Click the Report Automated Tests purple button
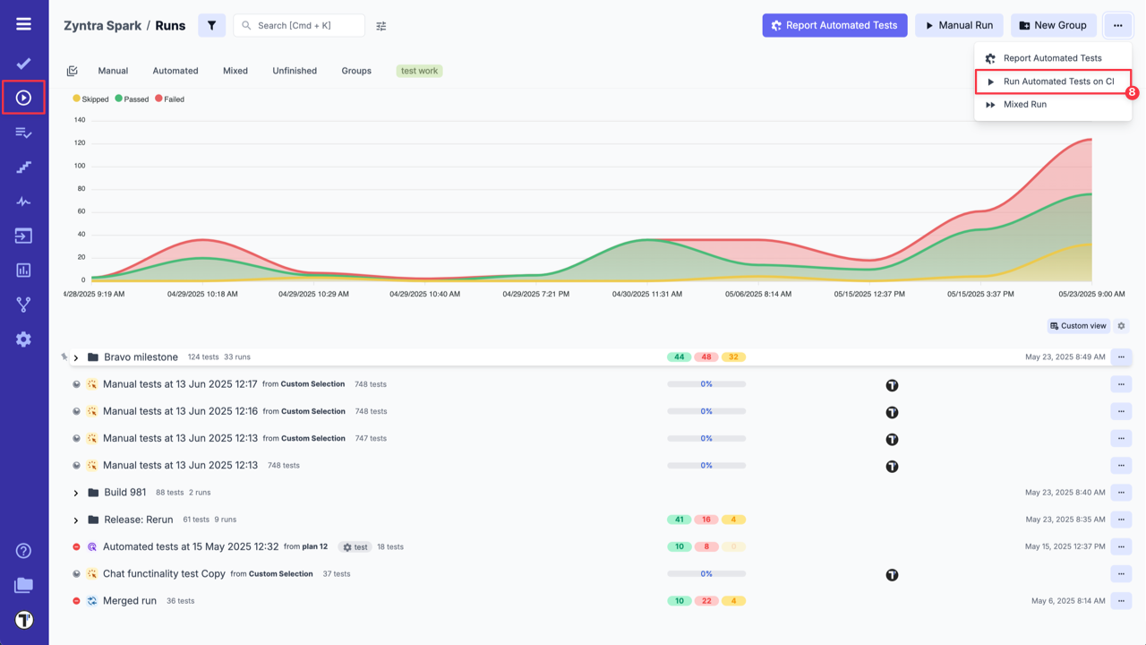pyautogui.click(x=834, y=25)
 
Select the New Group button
pyautogui.click(x=1053, y=25)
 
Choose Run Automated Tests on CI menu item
pyautogui.click(x=1058, y=82)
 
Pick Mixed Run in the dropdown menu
pyautogui.click(x=1024, y=105)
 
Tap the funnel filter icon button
pyautogui.click(x=211, y=25)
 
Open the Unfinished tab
pyautogui.click(x=295, y=71)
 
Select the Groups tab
pyautogui.click(x=356, y=71)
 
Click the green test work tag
pyautogui.click(x=419, y=71)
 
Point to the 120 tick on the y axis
pyautogui.click(x=80, y=142)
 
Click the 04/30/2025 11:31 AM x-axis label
pyautogui.click(x=646, y=294)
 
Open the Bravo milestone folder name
pyautogui.click(x=141, y=357)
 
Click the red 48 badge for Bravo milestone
pyautogui.click(x=706, y=357)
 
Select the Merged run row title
pyautogui.click(x=130, y=601)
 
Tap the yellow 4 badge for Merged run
pyautogui.click(x=733, y=601)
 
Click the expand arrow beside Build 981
pyautogui.click(x=76, y=493)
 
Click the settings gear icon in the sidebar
pyautogui.click(x=23, y=340)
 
